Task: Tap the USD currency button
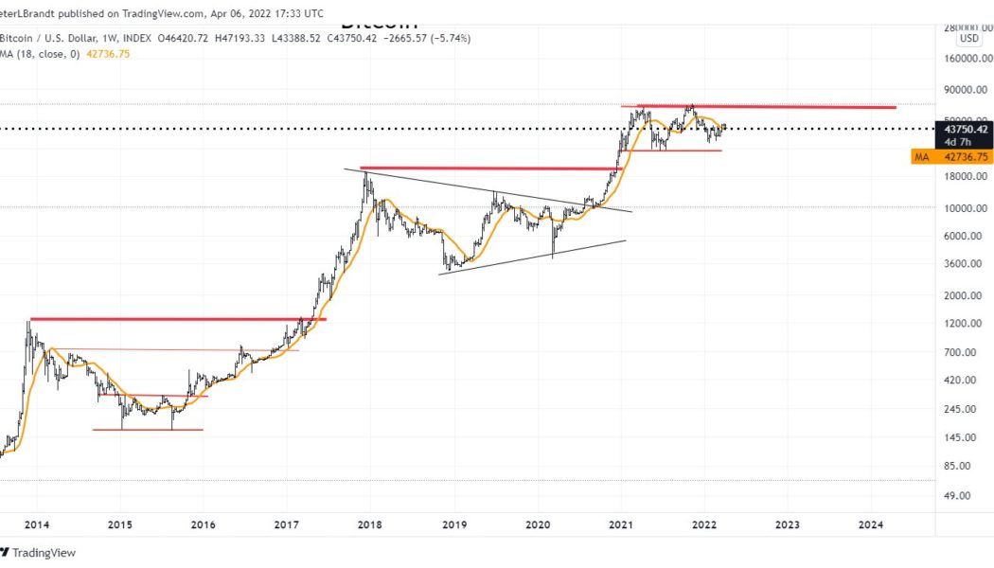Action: pos(968,39)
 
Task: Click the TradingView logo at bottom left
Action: pos(38,553)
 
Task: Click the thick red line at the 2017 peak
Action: pos(488,169)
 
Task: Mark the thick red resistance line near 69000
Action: pos(767,106)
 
